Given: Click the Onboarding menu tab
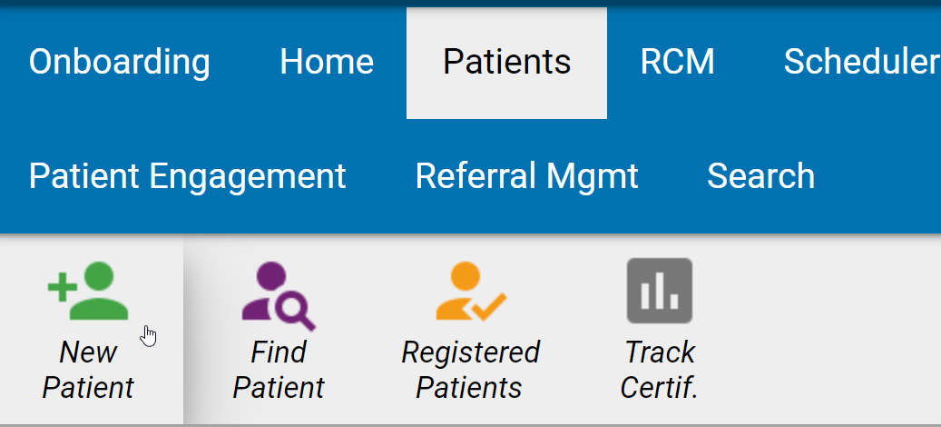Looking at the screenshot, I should click(x=119, y=62).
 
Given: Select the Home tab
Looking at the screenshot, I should click(x=327, y=62).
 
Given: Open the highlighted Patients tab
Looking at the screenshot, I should click(x=506, y=62).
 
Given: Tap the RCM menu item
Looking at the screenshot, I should click(x=677, y=62).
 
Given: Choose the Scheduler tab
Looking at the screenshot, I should click(x=860, y=62).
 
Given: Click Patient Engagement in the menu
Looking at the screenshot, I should click(x=187, y=175).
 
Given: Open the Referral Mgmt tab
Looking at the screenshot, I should click(x=526, y=175).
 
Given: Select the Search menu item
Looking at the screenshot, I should click(x=760, y=175).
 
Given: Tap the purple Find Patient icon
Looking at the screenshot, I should click(x=278, y=295).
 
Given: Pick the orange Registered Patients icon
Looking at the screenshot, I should click(x=470, y=293).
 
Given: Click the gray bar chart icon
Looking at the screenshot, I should click(x=660, y=291).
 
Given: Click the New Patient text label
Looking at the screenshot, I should click(x=88, y=370).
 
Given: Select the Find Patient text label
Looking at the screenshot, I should click(x=279, y=370).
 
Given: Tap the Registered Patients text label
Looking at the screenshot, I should click(x=470, y=370).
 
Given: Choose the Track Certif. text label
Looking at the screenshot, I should click(x=660, y=370).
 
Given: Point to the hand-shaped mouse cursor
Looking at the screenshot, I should click(x=149, y=336).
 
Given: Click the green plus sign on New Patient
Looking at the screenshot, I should click(x=61, y=289).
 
